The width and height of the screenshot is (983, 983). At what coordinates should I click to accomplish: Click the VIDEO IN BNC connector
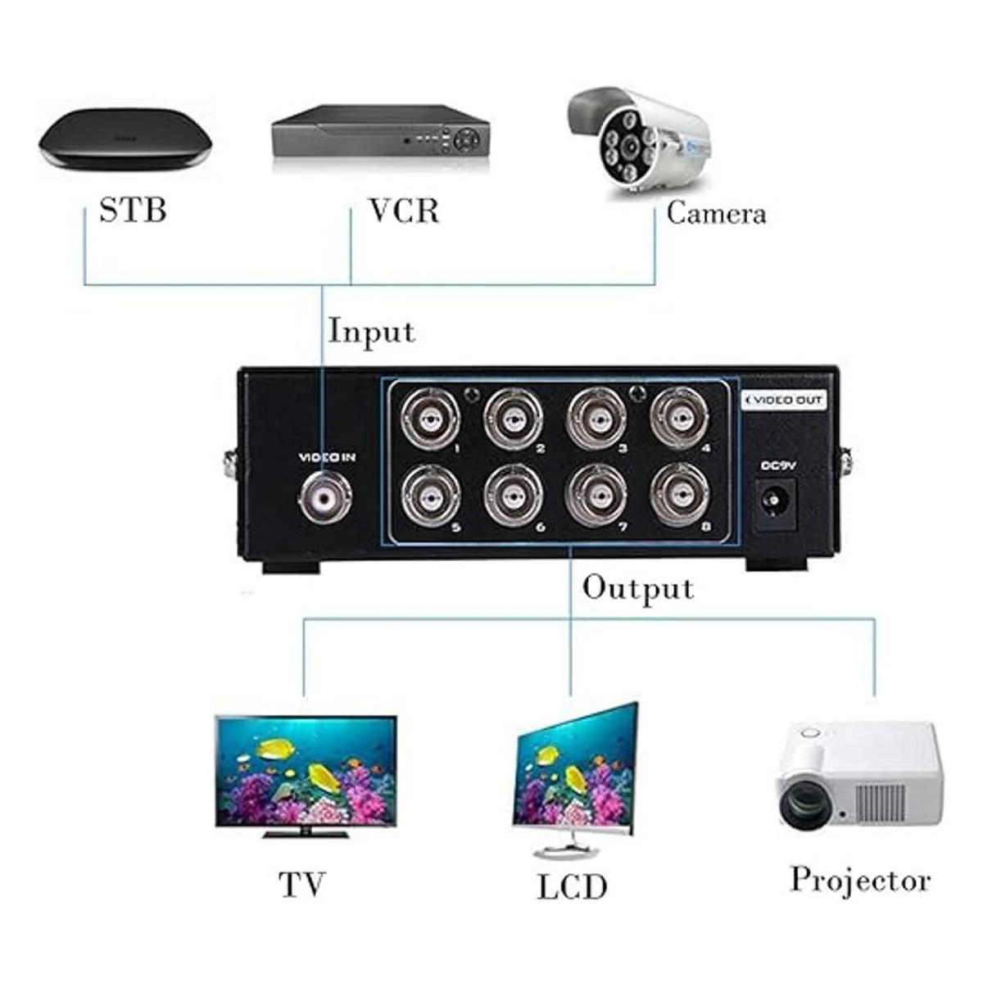325,496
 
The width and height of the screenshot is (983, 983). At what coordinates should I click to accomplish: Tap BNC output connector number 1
429,418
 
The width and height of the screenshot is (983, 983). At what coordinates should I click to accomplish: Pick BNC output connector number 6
513,496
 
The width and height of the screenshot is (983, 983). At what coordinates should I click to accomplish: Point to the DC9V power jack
775,501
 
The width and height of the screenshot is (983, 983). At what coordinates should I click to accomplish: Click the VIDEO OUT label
784,401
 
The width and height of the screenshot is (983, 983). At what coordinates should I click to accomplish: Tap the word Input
371,332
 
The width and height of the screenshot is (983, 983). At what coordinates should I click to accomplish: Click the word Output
637,588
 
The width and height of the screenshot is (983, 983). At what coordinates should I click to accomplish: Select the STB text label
133,210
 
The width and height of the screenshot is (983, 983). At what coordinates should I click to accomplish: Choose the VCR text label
404,211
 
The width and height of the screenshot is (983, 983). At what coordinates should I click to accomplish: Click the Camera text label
716,213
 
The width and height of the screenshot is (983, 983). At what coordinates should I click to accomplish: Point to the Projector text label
860,881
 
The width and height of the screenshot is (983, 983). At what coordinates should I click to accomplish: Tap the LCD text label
572,887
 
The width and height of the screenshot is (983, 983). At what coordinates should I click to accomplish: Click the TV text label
302,885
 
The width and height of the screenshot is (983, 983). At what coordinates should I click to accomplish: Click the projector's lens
806,804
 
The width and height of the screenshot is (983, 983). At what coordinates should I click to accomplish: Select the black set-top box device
125,143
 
